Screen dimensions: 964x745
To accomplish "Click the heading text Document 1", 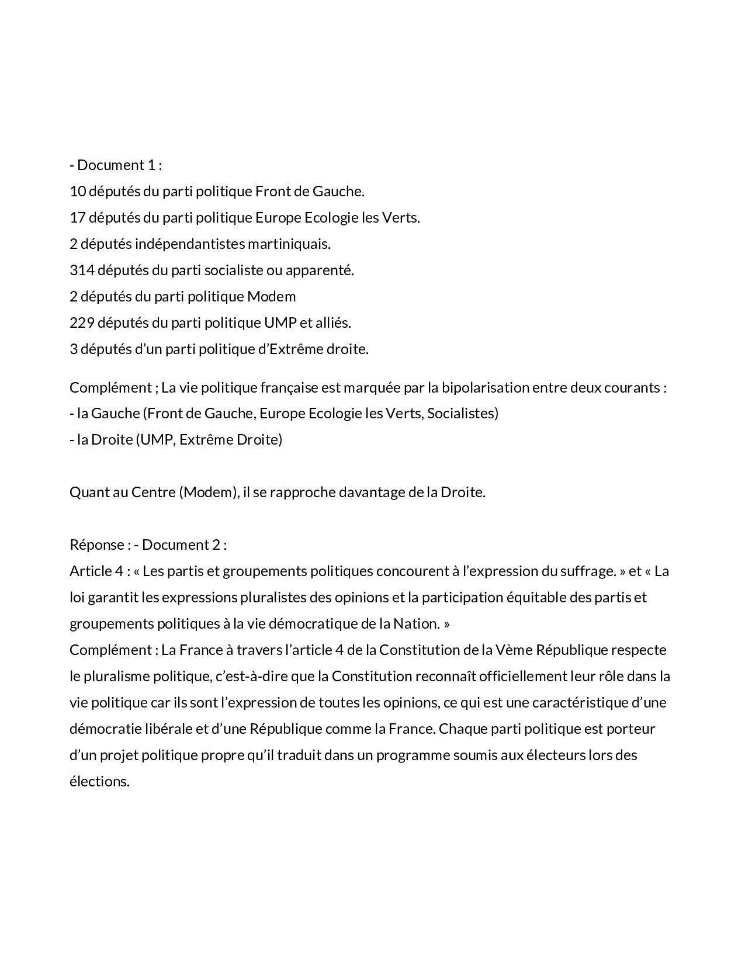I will pos(116,165).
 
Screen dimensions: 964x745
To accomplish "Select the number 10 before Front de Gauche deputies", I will pos(77,192).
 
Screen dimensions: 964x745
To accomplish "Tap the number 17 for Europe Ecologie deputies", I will pos(77,218).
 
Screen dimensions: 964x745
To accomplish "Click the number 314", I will pos(81,271).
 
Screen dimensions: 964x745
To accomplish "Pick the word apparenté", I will pos(324,271).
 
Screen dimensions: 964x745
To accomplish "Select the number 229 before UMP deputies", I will pos(82,323).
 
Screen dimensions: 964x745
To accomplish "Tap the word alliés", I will pos(333,323).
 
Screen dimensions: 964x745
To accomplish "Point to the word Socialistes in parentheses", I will pos(462,414).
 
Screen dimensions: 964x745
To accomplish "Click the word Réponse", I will pos(96,545).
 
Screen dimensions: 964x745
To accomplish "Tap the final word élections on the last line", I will pos(99,782).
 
